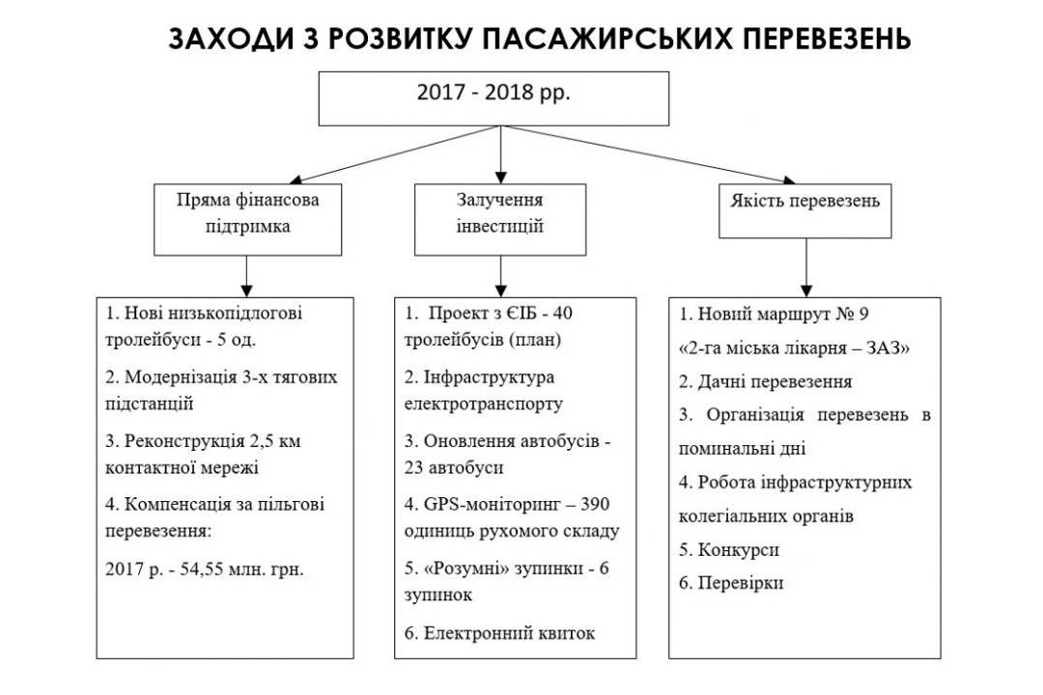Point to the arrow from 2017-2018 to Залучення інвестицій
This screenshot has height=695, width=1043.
click(x=501, y=154)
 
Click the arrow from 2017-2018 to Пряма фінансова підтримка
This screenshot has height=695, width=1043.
click(x=395, y=154)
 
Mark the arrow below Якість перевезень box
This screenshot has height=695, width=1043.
click(x=806, y=267)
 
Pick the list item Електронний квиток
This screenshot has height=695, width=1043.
click(x=499, y=632)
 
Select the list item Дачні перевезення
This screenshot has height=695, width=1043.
click(x=765, y=381)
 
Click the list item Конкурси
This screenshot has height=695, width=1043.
click(x=729, y=550)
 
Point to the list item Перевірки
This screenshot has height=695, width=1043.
click(x=731, y=583)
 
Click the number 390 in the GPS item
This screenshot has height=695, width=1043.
click(x=595, y=504)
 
